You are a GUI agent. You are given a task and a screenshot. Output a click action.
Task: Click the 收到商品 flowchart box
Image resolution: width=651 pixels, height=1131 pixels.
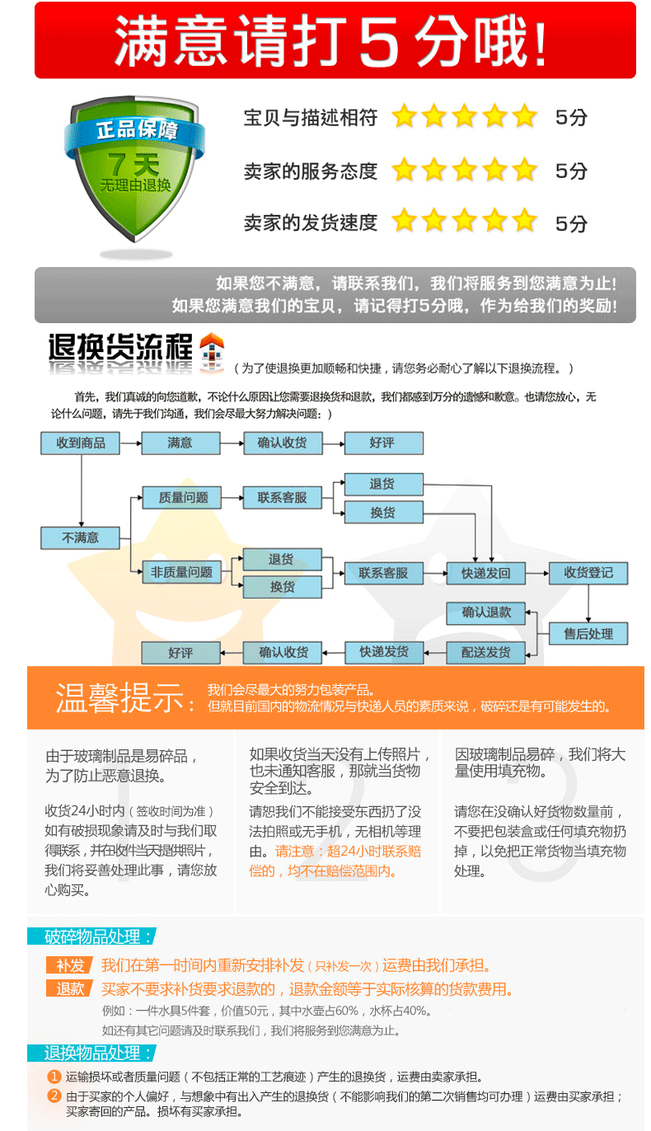(80, 443)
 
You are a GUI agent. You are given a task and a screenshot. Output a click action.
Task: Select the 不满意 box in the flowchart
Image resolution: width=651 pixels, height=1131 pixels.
(80, 537)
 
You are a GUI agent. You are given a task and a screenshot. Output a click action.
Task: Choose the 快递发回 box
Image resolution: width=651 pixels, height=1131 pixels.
(485, 573)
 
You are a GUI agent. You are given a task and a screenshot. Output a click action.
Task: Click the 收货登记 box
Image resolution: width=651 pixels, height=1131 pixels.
(588, 573)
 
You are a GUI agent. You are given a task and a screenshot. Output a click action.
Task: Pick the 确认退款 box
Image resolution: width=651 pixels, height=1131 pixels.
(485, 612)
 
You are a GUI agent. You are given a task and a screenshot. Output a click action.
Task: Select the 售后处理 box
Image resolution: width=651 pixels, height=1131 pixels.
(588, 633)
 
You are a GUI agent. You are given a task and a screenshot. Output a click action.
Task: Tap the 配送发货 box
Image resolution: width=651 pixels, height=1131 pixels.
(485, 652)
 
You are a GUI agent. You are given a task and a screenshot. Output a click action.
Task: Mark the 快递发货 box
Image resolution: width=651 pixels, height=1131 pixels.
(383, 652)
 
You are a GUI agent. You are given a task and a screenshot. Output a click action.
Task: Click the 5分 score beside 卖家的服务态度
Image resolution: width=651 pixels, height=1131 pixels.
(571, 171)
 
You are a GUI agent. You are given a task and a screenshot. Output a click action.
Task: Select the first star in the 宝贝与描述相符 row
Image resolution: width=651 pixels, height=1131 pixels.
(404, 116)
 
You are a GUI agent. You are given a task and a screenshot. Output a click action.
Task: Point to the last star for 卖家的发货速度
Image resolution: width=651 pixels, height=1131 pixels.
(524, 221)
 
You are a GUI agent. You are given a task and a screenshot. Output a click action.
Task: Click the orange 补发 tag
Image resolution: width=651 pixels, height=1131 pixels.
(69, 965)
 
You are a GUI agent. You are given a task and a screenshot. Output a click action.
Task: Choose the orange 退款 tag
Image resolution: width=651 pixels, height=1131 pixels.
(69, 988)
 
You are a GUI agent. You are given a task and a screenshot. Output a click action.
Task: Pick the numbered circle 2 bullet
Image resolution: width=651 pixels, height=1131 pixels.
(54, 1096)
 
